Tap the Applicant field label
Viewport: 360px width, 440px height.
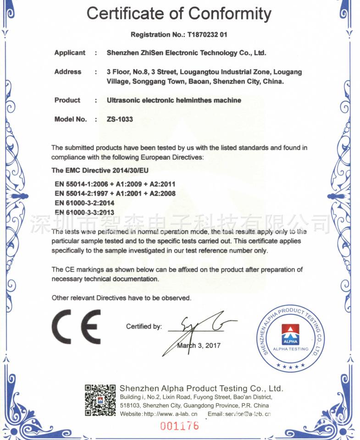[x=70, y=53]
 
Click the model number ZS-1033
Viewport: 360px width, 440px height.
[x=120, y=119]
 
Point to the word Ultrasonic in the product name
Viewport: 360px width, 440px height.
[x=123, y=100]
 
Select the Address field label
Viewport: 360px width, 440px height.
[x=68, y=72]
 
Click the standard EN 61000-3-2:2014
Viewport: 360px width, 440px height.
[x=84, y=203]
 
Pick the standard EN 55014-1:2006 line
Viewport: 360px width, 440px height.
[x=115, y=184]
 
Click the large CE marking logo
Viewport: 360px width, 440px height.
[x=76, y=326]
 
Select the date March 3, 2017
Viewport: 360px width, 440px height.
[x=199, y=346]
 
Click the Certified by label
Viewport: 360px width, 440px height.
[x=144, y=327]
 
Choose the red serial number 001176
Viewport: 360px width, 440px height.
[x=180, y=426]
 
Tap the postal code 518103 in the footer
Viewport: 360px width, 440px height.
[x=130, y=406]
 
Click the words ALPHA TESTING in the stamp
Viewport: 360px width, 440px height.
[x=291, y=349]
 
